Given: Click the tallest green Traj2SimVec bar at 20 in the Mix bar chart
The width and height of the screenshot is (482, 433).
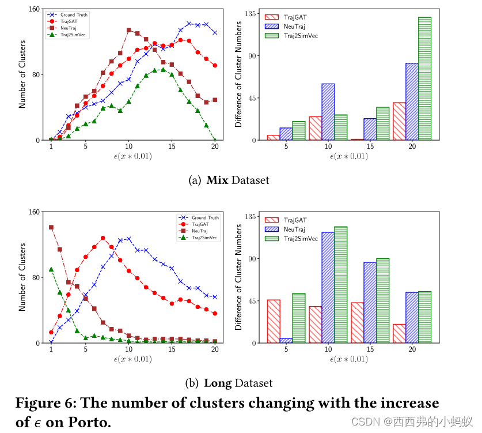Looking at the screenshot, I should [x=424, y=79].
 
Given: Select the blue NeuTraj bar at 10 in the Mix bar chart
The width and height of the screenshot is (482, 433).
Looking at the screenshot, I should [x=328, y=112].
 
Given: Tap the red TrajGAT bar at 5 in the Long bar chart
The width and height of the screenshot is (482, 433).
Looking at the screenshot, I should [x=274, y=321].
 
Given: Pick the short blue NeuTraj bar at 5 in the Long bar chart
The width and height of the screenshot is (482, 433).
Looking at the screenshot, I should [x=286, y=340].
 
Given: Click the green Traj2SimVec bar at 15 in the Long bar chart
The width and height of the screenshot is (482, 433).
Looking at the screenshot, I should [x=382, y=300].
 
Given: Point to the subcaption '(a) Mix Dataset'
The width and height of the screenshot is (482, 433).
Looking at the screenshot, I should [x=229, y=180].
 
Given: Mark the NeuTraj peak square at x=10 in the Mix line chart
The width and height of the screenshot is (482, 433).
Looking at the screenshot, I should [x=128, y=30].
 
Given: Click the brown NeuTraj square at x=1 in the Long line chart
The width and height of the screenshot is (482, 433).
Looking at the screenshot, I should [x=51, y=227].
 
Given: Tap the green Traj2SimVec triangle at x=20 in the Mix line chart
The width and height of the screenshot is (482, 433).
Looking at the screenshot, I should [x=215, y=140].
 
